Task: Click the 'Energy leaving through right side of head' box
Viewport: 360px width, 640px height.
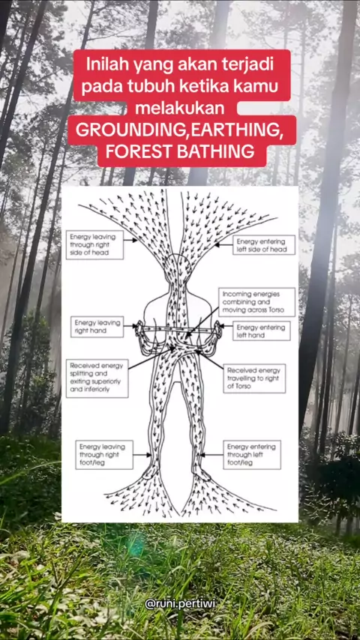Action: click(x=94, y=244)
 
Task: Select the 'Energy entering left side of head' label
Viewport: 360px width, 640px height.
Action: click(x=264, y=245)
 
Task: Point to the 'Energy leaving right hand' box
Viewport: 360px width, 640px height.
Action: click(x=97, y=327)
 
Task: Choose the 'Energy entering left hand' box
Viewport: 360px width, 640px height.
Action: click(x=262, y=330)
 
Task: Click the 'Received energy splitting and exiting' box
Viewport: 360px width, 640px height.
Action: click(x=97, y=378)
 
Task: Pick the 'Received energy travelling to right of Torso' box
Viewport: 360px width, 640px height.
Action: click(x=254, y=378)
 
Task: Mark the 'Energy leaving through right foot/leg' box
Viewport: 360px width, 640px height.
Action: click(x=104, y=455)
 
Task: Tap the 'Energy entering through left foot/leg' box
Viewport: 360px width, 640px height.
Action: click(x=252, y=455)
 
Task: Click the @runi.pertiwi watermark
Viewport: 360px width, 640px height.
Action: click(x=180, y=604)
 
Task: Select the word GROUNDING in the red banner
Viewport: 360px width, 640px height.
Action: click(x=133, y=130)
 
